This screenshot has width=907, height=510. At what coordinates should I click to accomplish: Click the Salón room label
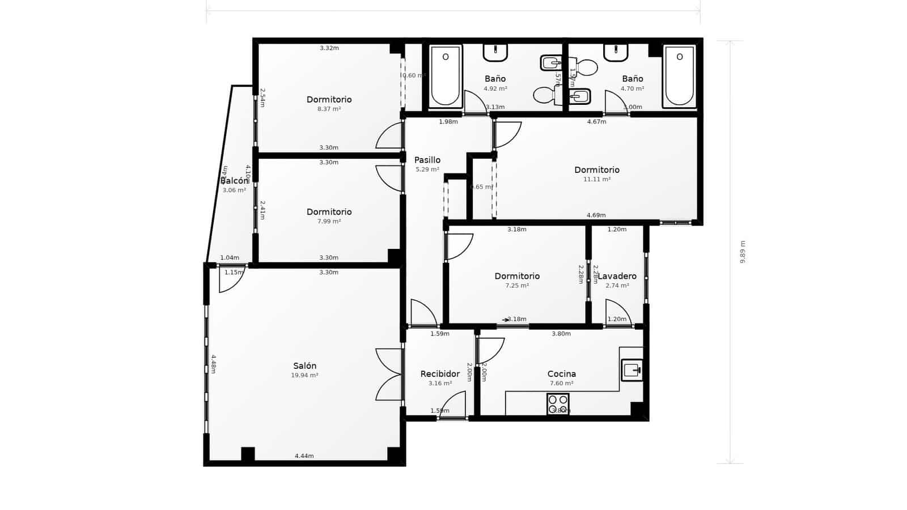[304, 366]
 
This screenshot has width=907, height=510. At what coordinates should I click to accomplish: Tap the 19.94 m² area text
[304, 375]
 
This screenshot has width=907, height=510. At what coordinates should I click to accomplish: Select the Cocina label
[561, 374]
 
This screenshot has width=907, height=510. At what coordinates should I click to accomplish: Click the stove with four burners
[558, 404]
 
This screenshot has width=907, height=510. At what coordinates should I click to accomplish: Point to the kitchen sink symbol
[631, 371]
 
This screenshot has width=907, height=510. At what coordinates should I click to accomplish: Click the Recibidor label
[440, 374]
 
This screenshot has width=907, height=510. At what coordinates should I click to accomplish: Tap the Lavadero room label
[618, 277]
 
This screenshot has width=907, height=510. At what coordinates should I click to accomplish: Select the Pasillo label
[427, 160]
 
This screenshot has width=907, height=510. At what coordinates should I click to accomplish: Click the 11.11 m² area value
[597, 179]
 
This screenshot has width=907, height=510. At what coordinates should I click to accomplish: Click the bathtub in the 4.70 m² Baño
[679, 76]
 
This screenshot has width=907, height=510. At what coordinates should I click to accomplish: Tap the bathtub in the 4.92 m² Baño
[446, 76]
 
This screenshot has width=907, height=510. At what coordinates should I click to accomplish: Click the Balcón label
[234, 181]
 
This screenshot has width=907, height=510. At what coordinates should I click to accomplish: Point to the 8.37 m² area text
[329, 109]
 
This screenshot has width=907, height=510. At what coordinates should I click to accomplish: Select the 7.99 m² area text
[329, 221]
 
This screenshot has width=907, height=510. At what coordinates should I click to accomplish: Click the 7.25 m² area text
[517, 286]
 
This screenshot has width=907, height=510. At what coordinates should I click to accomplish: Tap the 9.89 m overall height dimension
[742, 252]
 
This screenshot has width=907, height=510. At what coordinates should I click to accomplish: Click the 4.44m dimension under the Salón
[304, 456]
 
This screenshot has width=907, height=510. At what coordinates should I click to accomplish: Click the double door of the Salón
[389, 375]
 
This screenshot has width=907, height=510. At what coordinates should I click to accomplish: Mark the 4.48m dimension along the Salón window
[214, 364]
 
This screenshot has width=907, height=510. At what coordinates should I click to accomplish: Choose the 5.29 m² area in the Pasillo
[427, 169]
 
